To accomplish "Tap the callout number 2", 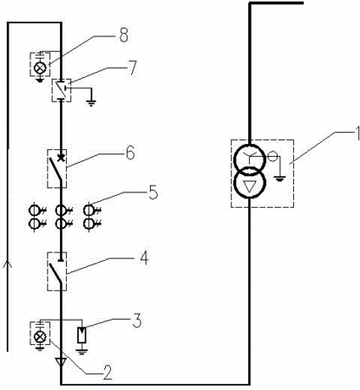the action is pos(107,373).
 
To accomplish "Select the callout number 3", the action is pos(137,321).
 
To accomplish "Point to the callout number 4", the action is pos(144,257).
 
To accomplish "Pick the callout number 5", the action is pos(154,192).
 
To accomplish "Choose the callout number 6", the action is pos(130,153).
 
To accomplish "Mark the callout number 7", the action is pos(132,68).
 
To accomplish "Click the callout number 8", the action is pos(124,36).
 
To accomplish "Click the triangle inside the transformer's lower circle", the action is pos(250,188).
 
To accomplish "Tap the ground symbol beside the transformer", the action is pos(279,179).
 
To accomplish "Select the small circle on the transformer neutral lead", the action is pos(272,157).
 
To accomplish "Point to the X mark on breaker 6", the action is pos(61,158).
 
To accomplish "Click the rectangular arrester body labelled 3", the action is pos(82,335).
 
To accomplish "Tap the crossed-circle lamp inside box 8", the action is pos(39,68).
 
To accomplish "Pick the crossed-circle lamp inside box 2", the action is pos(40,336).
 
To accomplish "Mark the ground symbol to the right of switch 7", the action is pos(91,102).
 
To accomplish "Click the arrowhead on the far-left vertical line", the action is pos(8,264).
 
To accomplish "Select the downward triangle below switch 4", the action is pos(61,362).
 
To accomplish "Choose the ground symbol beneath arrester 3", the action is pos(82,352).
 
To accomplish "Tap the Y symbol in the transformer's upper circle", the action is pos(250,155).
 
